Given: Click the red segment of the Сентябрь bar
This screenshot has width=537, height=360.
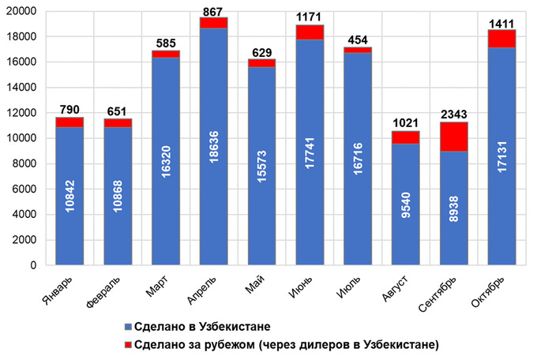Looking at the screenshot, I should tap(454, 137).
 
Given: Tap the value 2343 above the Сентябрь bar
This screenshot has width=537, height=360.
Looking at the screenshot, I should tap(454, 115).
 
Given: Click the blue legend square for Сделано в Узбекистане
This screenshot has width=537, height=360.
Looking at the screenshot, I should tap(128, 327).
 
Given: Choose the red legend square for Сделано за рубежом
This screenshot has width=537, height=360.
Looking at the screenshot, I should tap(128, 343).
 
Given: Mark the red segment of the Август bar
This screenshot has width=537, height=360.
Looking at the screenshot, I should tap(406, 137).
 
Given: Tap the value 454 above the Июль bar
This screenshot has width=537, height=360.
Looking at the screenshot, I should tap(359, 40).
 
